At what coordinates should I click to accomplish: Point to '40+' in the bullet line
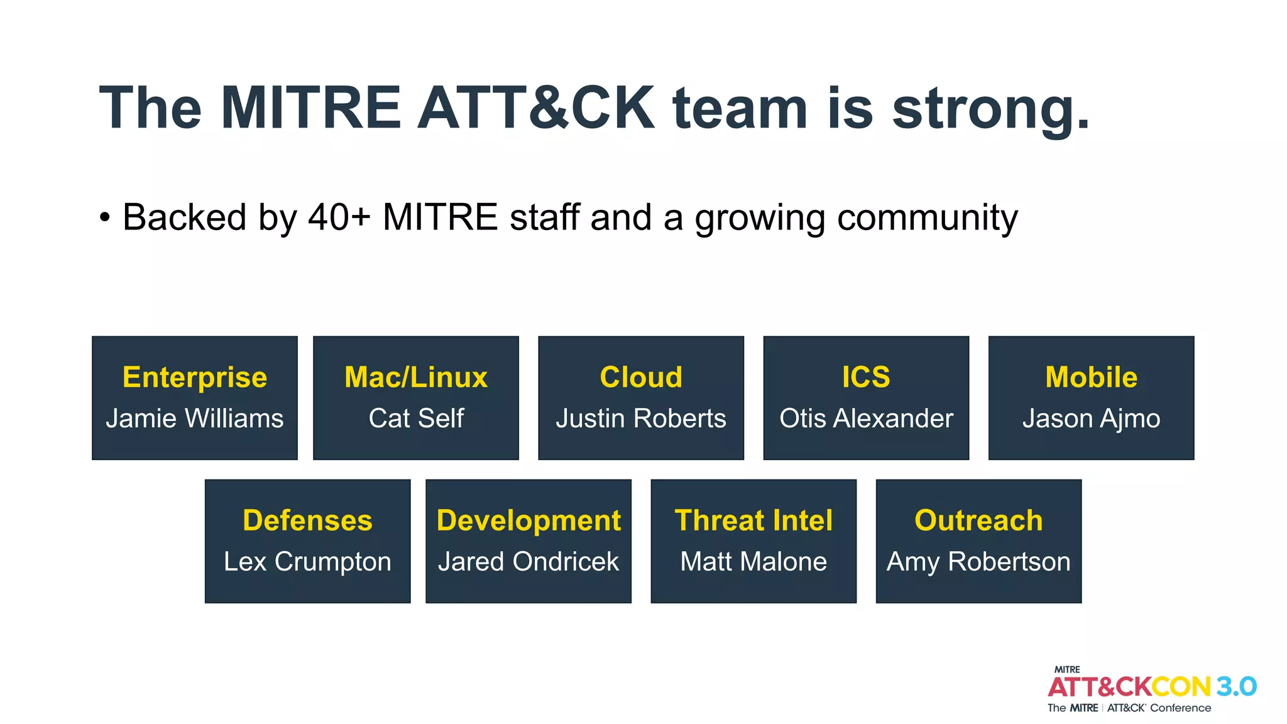coord(339,217)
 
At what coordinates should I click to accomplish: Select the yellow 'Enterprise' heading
coord(195,377)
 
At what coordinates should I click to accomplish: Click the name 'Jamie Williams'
coord(195,419)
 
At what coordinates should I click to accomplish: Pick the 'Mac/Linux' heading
coord(416,377)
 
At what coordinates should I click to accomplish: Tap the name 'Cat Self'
coord(416,419)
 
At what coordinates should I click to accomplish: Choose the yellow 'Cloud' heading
coord(641,377)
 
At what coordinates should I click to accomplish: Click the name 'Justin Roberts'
coord(641,419)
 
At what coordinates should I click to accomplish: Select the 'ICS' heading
coord(866,377)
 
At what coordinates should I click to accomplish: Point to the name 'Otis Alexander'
coord(866,419)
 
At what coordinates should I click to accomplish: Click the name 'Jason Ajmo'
coord(1091,419)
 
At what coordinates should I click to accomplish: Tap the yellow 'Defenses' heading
coord(307,520)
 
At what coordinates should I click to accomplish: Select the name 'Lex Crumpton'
coord(307,562)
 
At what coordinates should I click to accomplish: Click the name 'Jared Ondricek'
coord(528,562)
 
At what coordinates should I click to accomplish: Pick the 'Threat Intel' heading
coord(753,520)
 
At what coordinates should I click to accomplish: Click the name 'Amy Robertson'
coord(978,562)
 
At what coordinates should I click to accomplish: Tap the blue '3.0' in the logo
coord(1236,686)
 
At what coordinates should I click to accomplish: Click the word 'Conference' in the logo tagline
coord(1180,708)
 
